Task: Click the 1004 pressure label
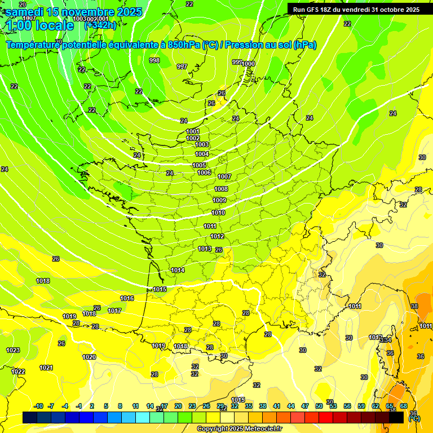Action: (202, 154)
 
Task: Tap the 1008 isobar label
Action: (221, 189)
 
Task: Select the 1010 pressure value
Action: (218, 213)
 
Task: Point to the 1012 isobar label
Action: (217, 236)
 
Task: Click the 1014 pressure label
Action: (178, 270)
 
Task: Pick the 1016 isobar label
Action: (127, 298)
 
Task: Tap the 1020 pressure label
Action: (89, 357)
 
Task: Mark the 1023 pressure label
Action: (13, 350)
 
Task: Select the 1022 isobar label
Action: (18, 371)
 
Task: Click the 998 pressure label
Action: (154, 60)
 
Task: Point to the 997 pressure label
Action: (182, 67)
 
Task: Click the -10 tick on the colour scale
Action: (39, 406)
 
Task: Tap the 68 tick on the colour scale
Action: (404, 406)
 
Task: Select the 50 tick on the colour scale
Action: (319, 406)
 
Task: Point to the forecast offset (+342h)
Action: (100, 25)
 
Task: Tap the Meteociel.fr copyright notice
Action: (240, 429)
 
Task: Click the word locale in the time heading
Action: (54, 25)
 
